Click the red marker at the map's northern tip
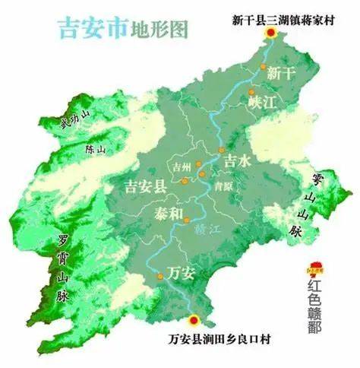coord(270,33)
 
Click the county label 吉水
coord(236,161)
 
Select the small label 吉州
coord(181,166)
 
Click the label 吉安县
coord(146,186)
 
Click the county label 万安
coord(182,271)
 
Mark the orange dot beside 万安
coord(160,276)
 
